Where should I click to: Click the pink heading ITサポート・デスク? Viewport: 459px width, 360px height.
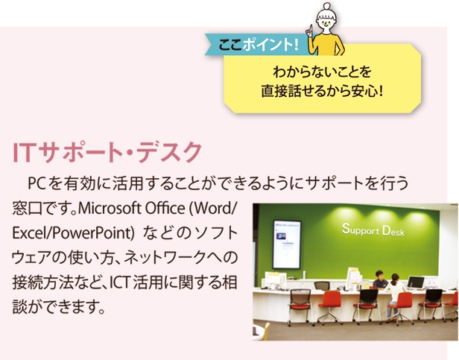pos(107,152)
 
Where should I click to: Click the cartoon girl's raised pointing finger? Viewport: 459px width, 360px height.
pos(310,31)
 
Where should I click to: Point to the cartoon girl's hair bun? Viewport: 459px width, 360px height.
pos(326,6)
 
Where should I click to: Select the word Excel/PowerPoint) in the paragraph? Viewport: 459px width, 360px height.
pos(73,233)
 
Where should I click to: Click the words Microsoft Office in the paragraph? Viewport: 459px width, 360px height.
pos(131,208)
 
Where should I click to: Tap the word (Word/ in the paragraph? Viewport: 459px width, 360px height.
pos(212,208)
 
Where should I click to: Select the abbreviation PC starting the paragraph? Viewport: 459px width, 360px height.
pos(37,183)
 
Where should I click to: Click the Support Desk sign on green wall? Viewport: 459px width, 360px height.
pos(373,230)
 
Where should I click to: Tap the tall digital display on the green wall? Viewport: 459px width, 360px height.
pos(287,244)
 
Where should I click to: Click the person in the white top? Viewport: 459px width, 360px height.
pos(395,296)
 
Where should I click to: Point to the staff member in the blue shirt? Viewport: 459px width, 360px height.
pos(379,280)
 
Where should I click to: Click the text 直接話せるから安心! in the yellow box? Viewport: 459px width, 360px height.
pos(322,91)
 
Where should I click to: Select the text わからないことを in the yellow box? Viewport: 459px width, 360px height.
pos(322,72)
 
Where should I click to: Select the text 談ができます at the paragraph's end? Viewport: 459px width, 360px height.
pos(54,307)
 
